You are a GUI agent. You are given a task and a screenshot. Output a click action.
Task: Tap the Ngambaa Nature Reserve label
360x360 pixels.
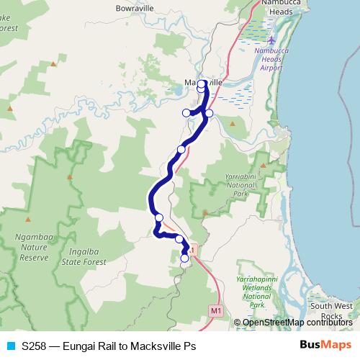[31, 246]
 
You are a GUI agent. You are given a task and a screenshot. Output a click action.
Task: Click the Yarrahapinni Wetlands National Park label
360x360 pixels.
[255, 292]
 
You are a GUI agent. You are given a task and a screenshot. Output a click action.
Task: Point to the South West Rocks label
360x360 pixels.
[332, 312]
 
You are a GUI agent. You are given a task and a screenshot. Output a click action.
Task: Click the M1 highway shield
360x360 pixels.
[215, 310]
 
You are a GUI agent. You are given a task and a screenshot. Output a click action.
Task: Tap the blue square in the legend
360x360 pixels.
[9, 346]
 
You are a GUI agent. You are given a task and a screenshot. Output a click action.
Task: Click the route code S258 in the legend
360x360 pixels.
[36, 346]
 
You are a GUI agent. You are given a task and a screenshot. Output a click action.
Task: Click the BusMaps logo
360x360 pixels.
[325, 345]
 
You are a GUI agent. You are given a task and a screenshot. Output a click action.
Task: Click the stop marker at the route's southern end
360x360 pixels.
[185, 258]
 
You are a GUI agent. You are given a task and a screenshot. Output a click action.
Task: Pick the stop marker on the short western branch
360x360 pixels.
[186, 112]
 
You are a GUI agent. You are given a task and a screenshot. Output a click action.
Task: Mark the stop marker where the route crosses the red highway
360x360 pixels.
[181, 149]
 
